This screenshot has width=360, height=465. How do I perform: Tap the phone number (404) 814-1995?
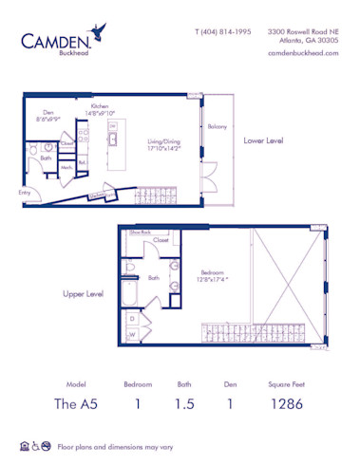(x=223, y=31)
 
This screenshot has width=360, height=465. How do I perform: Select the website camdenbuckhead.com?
(x=303, y=53)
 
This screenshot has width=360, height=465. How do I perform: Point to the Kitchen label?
(x=101, y=107)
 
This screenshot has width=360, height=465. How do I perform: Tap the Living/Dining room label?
(x=163, y=144)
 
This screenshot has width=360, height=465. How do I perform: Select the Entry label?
(x=24, y=192)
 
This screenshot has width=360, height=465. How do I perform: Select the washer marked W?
(x=131, y=334)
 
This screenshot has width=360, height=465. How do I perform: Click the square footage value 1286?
(x=285, y=401)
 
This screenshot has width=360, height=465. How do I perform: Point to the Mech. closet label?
(x=67, y=166)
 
